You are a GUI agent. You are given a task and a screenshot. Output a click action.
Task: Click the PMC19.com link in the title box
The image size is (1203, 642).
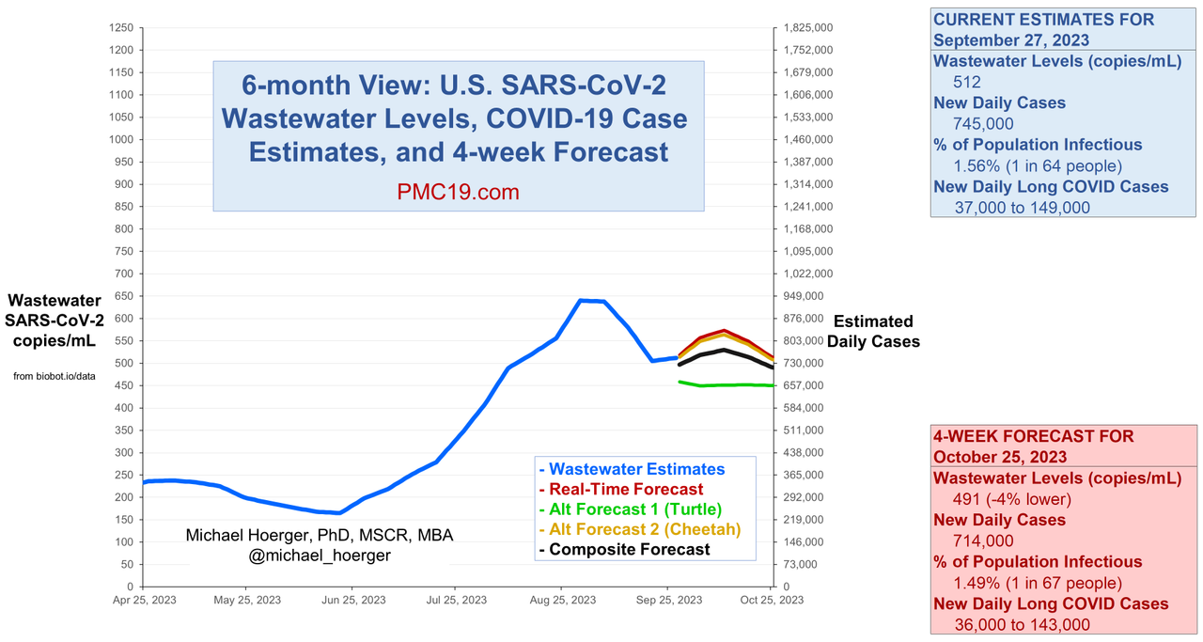click(x=458, y=192)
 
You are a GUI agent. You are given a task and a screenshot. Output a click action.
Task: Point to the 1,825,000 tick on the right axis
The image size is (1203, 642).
click(x=805, y=27)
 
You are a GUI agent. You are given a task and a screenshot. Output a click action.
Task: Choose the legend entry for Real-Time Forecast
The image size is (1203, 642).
click(x=621, y=489)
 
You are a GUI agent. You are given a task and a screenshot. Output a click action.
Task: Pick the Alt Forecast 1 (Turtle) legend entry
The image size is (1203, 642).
click(x=629, y=509)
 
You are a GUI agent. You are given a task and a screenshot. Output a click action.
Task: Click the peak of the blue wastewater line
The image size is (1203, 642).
click(x=581, y=300)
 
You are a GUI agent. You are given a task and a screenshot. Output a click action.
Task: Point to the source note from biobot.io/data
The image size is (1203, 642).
click(x=55, y=377)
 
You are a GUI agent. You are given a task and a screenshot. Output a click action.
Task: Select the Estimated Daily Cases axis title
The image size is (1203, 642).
click(x=873, y=332)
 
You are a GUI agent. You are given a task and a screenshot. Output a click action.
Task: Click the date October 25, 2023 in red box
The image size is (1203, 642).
click(x=1000, y=457)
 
